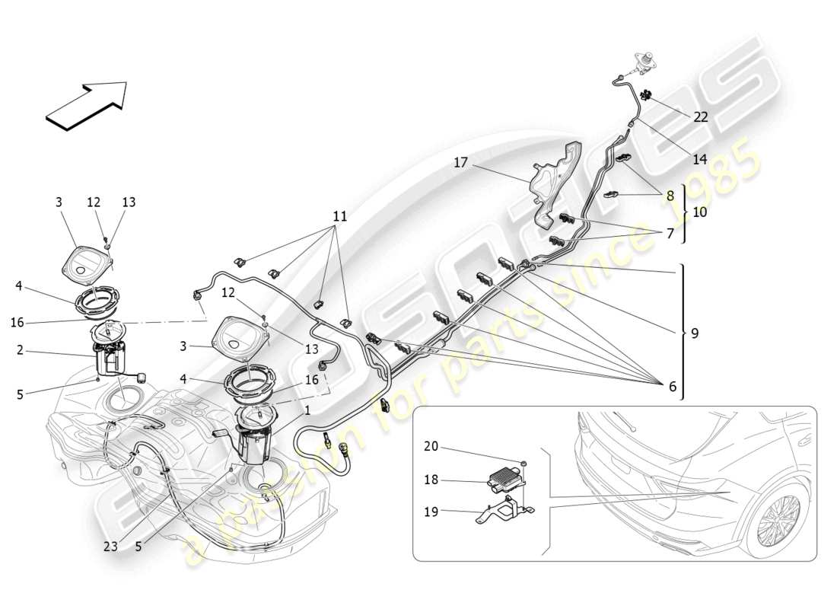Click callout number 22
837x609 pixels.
[x=700, y=116]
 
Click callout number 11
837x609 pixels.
[x=339, y=216]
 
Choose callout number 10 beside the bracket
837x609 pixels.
[x=699, y=212]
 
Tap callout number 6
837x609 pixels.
[x=671, y=387]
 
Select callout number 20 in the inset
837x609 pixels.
[x=431, y=447]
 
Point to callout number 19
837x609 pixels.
[x=431, y=512]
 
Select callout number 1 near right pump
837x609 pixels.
[x=307, y=410]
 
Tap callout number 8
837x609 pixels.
[x=670, y=195]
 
